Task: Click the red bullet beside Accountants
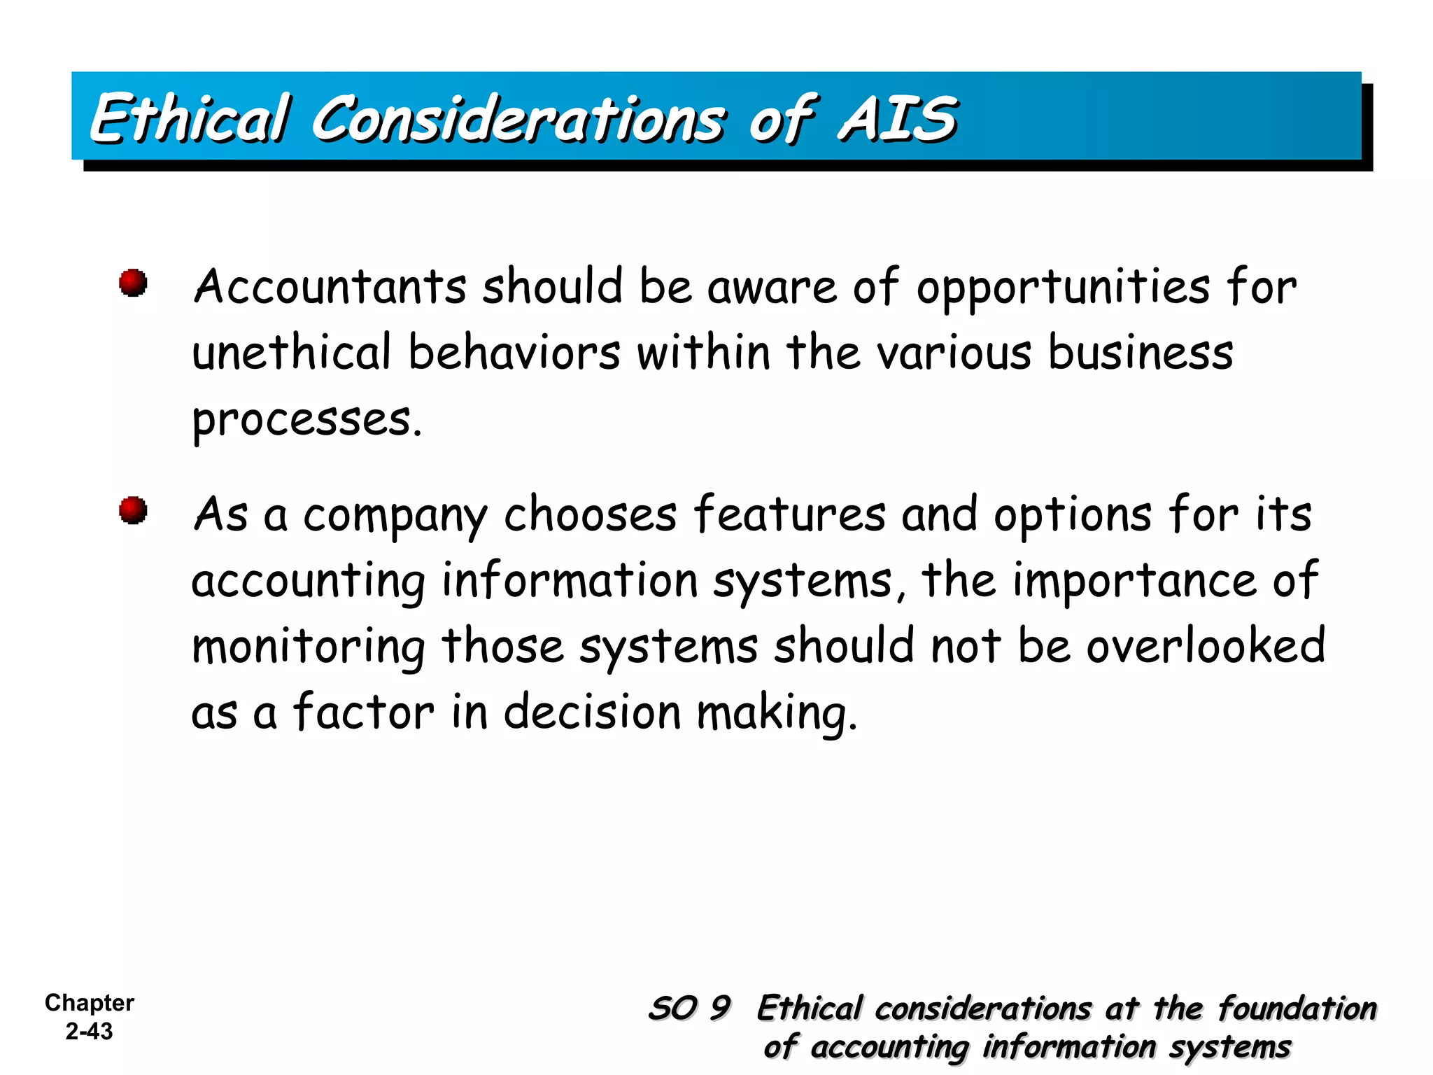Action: [133, 283]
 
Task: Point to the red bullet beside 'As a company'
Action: [133, 510]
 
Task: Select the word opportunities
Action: [1063, 289]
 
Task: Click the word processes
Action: [306, 420]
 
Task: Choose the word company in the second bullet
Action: [395, 516]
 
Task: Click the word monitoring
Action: [309, 647]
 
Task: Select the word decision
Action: [592, 712]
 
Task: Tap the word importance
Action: [1134, 581]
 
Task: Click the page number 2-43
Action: [89, 1031]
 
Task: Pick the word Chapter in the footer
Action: [89, 1003]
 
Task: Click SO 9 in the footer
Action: [690, 1009]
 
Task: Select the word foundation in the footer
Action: [1297, 1009]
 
